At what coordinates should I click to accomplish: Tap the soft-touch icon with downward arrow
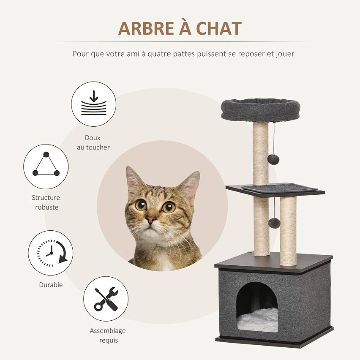93,104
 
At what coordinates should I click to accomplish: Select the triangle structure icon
46,166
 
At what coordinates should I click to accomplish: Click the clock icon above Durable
51,253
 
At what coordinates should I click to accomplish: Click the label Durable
51,285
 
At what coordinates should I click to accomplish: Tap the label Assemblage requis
107,335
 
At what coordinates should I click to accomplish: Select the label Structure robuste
46,202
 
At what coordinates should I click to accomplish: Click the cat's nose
151,220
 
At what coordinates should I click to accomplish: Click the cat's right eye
169,207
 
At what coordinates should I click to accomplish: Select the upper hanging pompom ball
273,159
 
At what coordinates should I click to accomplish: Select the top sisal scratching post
261,152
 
